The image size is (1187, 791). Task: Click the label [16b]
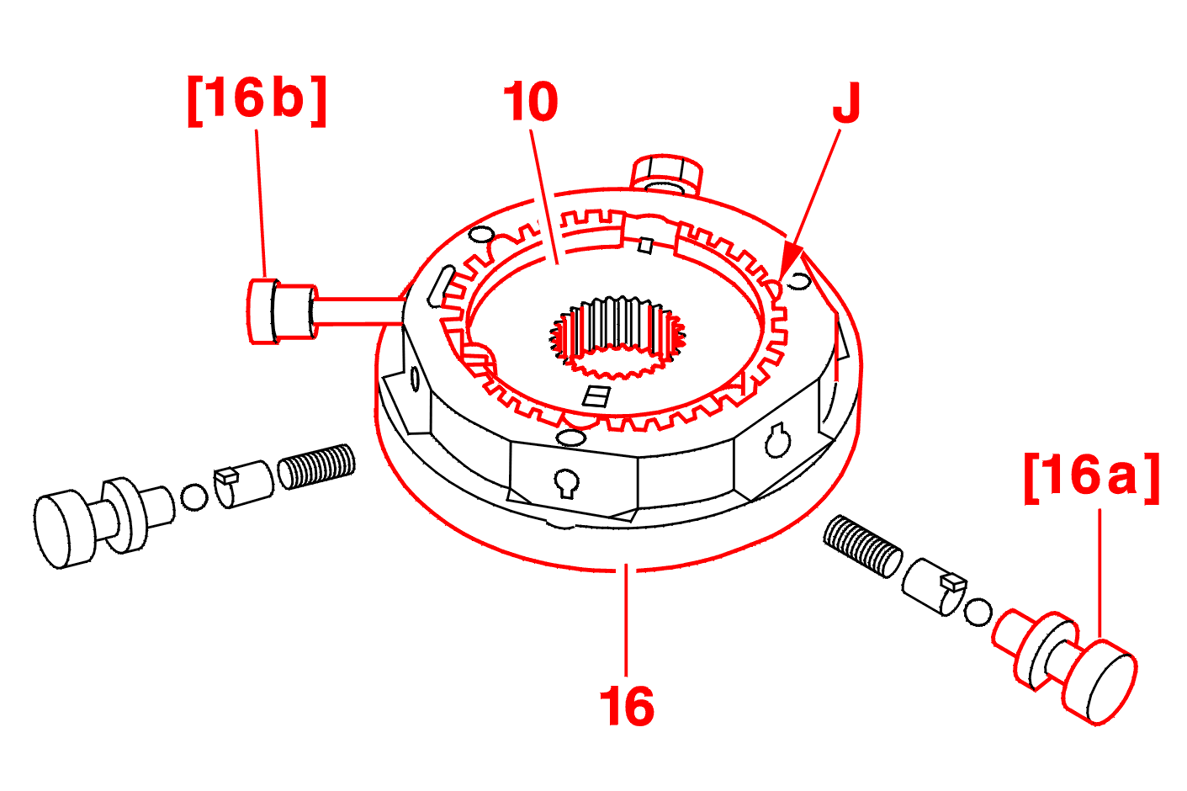tap(257, 101)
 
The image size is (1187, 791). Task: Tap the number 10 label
tap(531, 101)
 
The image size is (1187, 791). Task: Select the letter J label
tap(846, 103)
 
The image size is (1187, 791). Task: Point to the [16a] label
tap(1092, 479)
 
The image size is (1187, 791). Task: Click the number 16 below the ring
tap(627, 707)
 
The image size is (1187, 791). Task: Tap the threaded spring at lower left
tap(317, 466)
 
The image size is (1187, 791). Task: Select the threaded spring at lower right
tap(862, 547)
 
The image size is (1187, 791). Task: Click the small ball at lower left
tap(194, 497)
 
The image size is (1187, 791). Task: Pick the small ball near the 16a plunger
tap(978, 613)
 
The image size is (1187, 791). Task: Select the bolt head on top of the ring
tap(666, 174)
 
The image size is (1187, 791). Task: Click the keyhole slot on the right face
tap(777, 440)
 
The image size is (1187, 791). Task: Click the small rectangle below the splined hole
tap(596, 396)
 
